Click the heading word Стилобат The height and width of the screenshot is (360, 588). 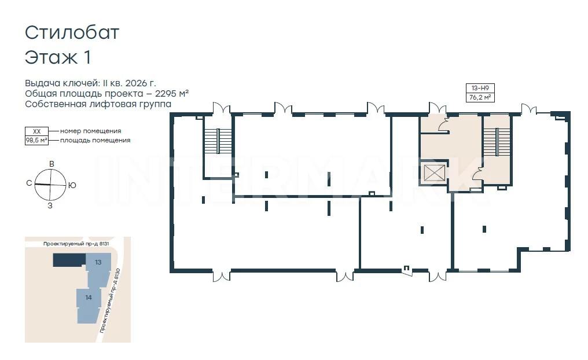72,32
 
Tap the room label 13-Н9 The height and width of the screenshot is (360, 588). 480,88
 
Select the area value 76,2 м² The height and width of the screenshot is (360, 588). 480,97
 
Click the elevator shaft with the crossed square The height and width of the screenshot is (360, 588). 434,172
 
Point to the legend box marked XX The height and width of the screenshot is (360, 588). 36,131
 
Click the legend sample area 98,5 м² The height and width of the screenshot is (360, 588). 36,141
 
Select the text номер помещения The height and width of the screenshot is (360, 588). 90,131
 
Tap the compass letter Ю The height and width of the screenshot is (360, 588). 72,185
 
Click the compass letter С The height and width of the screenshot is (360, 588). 29,183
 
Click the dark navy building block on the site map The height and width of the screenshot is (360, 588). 69,260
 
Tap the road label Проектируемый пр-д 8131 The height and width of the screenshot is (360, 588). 76,244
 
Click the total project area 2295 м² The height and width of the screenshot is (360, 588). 172,93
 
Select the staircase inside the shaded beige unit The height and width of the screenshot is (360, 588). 497,142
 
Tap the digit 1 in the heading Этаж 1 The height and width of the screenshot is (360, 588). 87,58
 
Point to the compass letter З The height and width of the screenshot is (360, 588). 50,206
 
